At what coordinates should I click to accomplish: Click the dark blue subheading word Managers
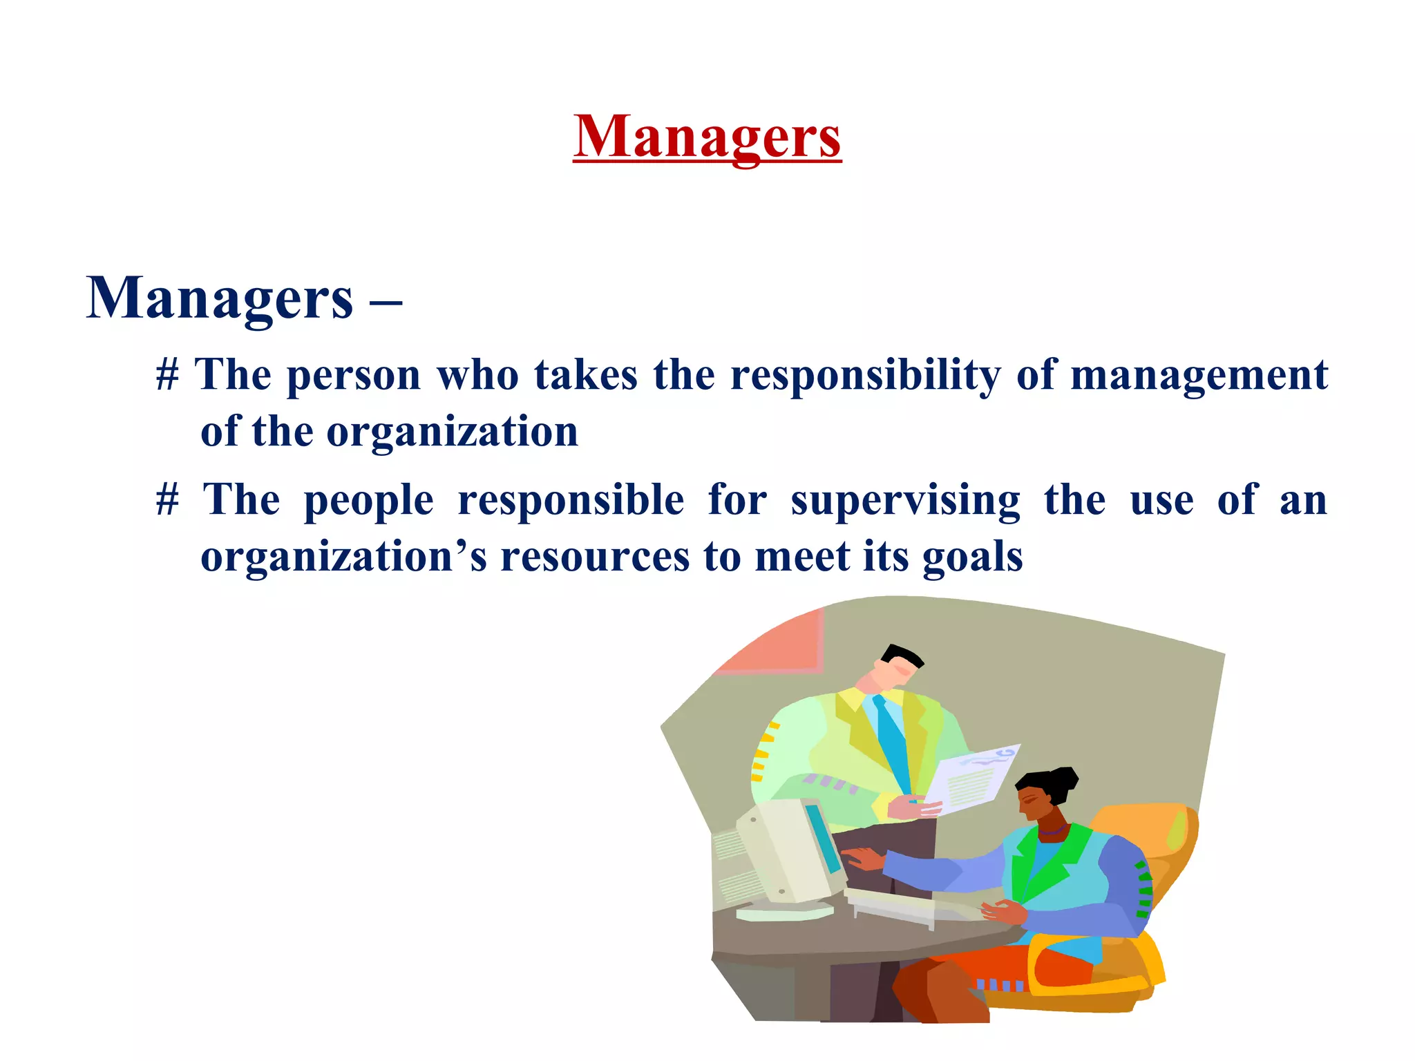220,298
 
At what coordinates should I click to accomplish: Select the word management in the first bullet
1199,376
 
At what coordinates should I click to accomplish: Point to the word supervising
905,501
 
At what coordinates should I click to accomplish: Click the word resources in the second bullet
595,557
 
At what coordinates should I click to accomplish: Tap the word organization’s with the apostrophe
343,557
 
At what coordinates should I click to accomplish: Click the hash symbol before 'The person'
167,376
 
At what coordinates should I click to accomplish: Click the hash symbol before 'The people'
167,501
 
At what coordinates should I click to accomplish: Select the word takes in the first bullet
586,376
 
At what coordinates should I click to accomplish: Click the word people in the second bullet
368,501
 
